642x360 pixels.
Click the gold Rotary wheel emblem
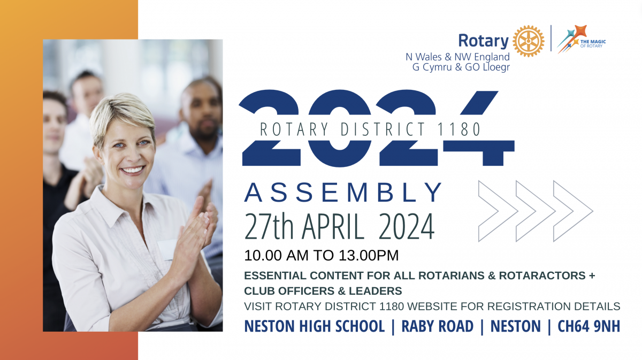coord(528,41)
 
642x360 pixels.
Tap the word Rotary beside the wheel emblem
coord(483,41)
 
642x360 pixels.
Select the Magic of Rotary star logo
coord(581,39)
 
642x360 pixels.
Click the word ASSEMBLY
coord(342,193)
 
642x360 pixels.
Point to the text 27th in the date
coord(269,226)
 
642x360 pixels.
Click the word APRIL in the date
coord(333,226)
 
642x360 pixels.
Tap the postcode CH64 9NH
coord(588,326)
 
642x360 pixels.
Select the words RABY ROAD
coord(438,326)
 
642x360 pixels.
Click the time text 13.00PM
coord(369,255)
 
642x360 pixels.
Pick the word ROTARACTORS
coord(542,275)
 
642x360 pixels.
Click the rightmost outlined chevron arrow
coord(573,211)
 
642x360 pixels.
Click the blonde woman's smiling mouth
coord(132,170)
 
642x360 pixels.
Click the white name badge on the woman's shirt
coord(167,249)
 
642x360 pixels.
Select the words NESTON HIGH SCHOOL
coord(314,326)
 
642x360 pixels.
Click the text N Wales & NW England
coord(458,57)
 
